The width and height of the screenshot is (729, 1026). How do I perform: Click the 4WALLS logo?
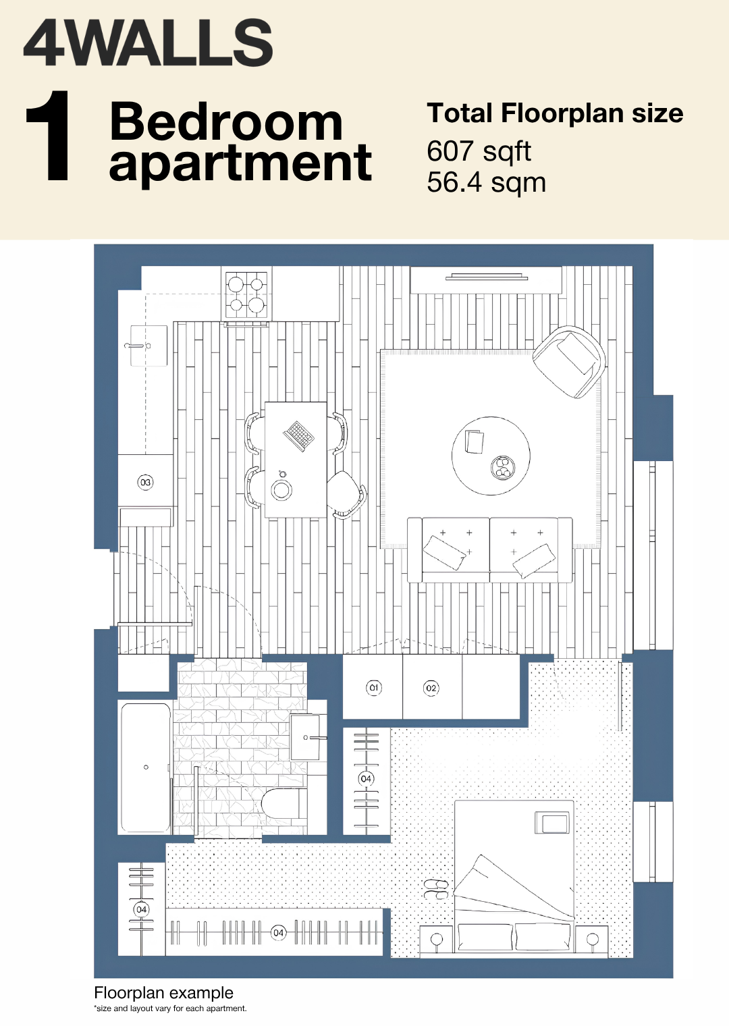[x=148, y=43]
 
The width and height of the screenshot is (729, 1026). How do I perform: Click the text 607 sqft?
[x=479, y=152]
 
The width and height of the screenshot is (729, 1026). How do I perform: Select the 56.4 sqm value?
[x=486, y=183]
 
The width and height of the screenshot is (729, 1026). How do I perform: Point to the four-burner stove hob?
[x=246, y=294]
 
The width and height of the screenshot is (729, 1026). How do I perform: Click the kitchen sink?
[x=148, y=346]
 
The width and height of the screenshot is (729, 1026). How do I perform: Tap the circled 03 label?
[x=145, y=483]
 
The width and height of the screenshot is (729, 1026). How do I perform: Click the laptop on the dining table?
[x=298, y=435]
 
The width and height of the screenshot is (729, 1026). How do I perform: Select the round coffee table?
[x=491, y=456]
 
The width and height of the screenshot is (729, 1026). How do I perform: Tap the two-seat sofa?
[x=490, y=550]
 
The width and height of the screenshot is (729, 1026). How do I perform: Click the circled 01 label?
[x=374, y=688]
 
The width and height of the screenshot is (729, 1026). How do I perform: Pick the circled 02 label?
[x=431, y=688]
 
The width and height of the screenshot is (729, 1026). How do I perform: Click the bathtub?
[x=146, y=767]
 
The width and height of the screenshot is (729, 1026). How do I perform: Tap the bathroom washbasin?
[x=308, y=737]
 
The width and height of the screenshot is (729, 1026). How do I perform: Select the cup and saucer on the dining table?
[x=281, y=488]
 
